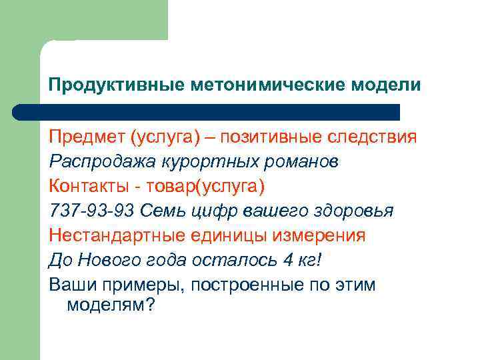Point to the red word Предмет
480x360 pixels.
click(x=86, y=137)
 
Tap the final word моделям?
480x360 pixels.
click(x=110, y=305)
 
